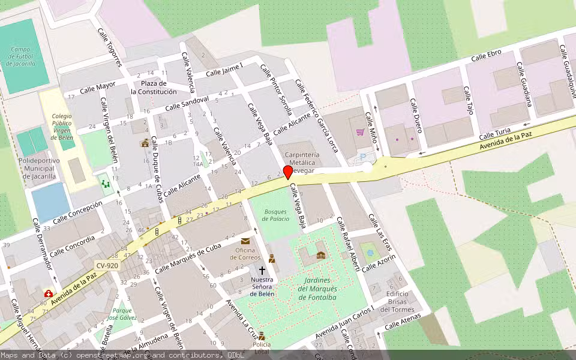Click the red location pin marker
click(288, 173)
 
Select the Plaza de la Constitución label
click(154, 88)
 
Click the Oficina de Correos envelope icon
click(245, 241)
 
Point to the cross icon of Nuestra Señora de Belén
click(262, 271)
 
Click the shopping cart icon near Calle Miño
click(360, 132)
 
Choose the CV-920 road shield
click(107, 265)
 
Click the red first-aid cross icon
click(47, 293)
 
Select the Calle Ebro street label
click(486, 56)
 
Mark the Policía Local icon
click(261, 336)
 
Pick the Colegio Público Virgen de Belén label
click(62, 126)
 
